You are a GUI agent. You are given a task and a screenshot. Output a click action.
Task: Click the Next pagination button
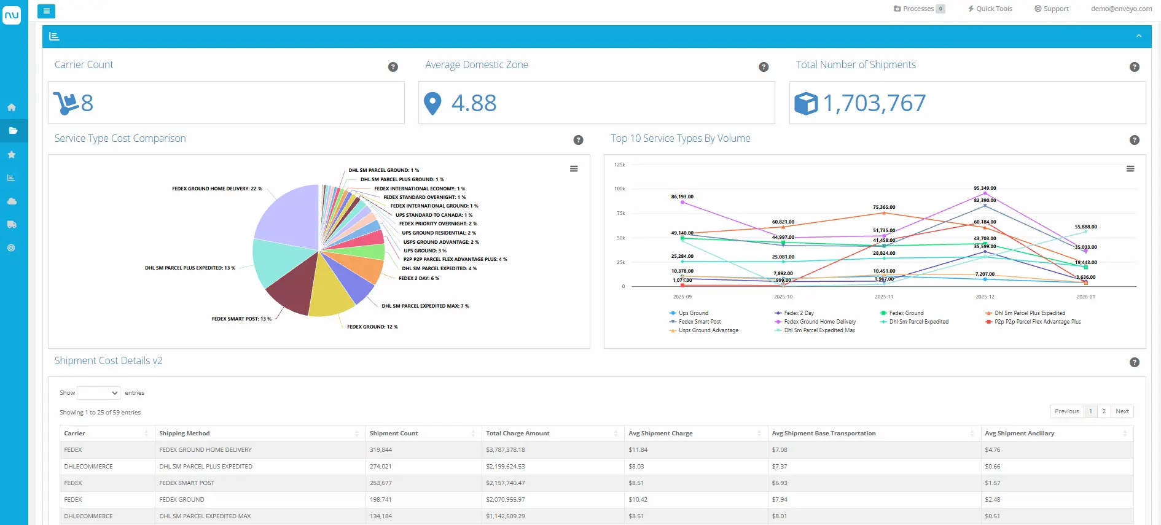pyautogui.click(x=1122, y=411)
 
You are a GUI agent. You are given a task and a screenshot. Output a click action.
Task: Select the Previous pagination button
pyautogui.click(x=1066, y=411)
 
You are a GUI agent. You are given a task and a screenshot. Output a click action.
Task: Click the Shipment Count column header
pyautogui.click(x=394, y=434)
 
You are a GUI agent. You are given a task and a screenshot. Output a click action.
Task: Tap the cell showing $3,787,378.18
pyautogui.click(x=505, y=450)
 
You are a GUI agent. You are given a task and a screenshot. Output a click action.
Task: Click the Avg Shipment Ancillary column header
pyautogui.click(x=1019, y=434)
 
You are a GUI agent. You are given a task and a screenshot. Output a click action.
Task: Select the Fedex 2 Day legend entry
pyautogui.click(x=798, y=313)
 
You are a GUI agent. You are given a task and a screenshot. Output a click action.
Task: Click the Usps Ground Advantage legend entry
pyautogui.click(x=708, y=330)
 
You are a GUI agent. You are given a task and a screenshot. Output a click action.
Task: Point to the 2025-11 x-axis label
pyautogui.click(x=883, y=297)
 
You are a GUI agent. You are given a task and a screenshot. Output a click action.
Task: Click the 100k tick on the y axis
pyautogui.click(x=619, y=189)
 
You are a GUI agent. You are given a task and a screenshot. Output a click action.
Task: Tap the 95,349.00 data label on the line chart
pyautogui.click(x=985, y=189)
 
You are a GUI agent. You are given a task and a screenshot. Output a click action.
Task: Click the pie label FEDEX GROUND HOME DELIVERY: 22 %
pyautogui.click(x=217, y=189)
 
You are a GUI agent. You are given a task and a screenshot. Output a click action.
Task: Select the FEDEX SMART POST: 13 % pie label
pyautogui.click(x=241, y=319)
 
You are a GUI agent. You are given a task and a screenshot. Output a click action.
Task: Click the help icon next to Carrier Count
pyautogui.click(x=393, y=67)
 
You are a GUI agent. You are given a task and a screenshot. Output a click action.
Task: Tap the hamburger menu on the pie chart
pyautogui.click(x=574, y=169)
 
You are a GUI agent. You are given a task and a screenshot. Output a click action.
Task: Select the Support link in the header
pyautogui.click(x=1052, y=9)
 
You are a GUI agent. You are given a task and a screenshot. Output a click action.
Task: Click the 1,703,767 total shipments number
pyautogui.click(x=874, y=103)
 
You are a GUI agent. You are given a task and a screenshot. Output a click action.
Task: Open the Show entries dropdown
pyautogui.click(x=98, y=393)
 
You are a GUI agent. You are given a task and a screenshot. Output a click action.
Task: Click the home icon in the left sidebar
pyautogui.click(x=12, y=107)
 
